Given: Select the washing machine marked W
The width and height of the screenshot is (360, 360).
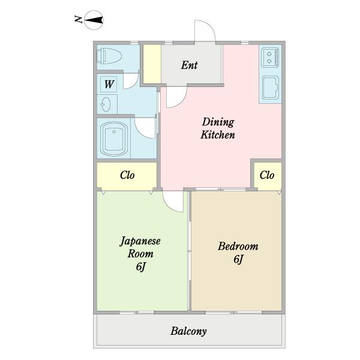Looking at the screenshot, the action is (x=109, y=84).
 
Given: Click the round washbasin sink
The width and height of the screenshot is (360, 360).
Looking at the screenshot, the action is (x=106, y=104).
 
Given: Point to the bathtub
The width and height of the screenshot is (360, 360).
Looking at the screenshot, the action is (x=114, y=139).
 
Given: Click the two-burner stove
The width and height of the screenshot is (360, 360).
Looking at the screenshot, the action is (x=270, y=58).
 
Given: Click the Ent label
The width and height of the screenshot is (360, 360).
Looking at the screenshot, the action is (x=189, y=65).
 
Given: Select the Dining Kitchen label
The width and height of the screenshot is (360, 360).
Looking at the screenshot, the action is (x=218, y=128).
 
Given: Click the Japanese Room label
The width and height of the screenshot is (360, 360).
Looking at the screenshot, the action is (x=140, y=248).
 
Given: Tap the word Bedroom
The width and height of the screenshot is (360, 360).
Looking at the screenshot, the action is (x=238, y=247).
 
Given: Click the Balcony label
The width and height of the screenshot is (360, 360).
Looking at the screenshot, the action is (x=188, y=331).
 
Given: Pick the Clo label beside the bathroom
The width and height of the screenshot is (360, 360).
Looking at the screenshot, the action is (x=127, y=175).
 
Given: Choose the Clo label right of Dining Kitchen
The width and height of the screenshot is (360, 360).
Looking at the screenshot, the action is (x=267, y=175).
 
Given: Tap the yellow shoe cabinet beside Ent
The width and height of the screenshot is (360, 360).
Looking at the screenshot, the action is (x=152, y=64).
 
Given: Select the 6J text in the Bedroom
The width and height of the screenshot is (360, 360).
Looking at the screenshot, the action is (x=238, y=259).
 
